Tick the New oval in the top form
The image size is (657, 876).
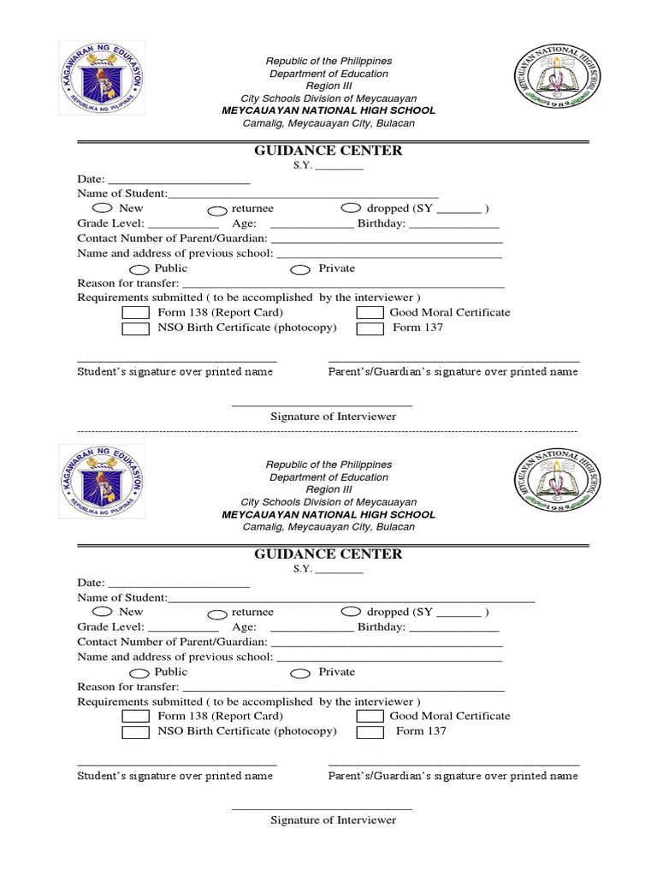click(101, 208)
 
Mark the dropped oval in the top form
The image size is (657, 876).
click(351, 208)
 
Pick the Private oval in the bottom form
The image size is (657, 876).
click(300, 673)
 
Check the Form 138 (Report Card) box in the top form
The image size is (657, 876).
click(135, 313)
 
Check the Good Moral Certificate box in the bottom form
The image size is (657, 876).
click(370, 717)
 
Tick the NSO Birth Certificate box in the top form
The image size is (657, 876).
click(135, 328)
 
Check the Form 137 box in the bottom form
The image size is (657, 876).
click(370, 732)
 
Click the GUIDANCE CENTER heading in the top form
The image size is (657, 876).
click(328, 151)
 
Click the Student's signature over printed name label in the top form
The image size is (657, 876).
click(175, 372)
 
